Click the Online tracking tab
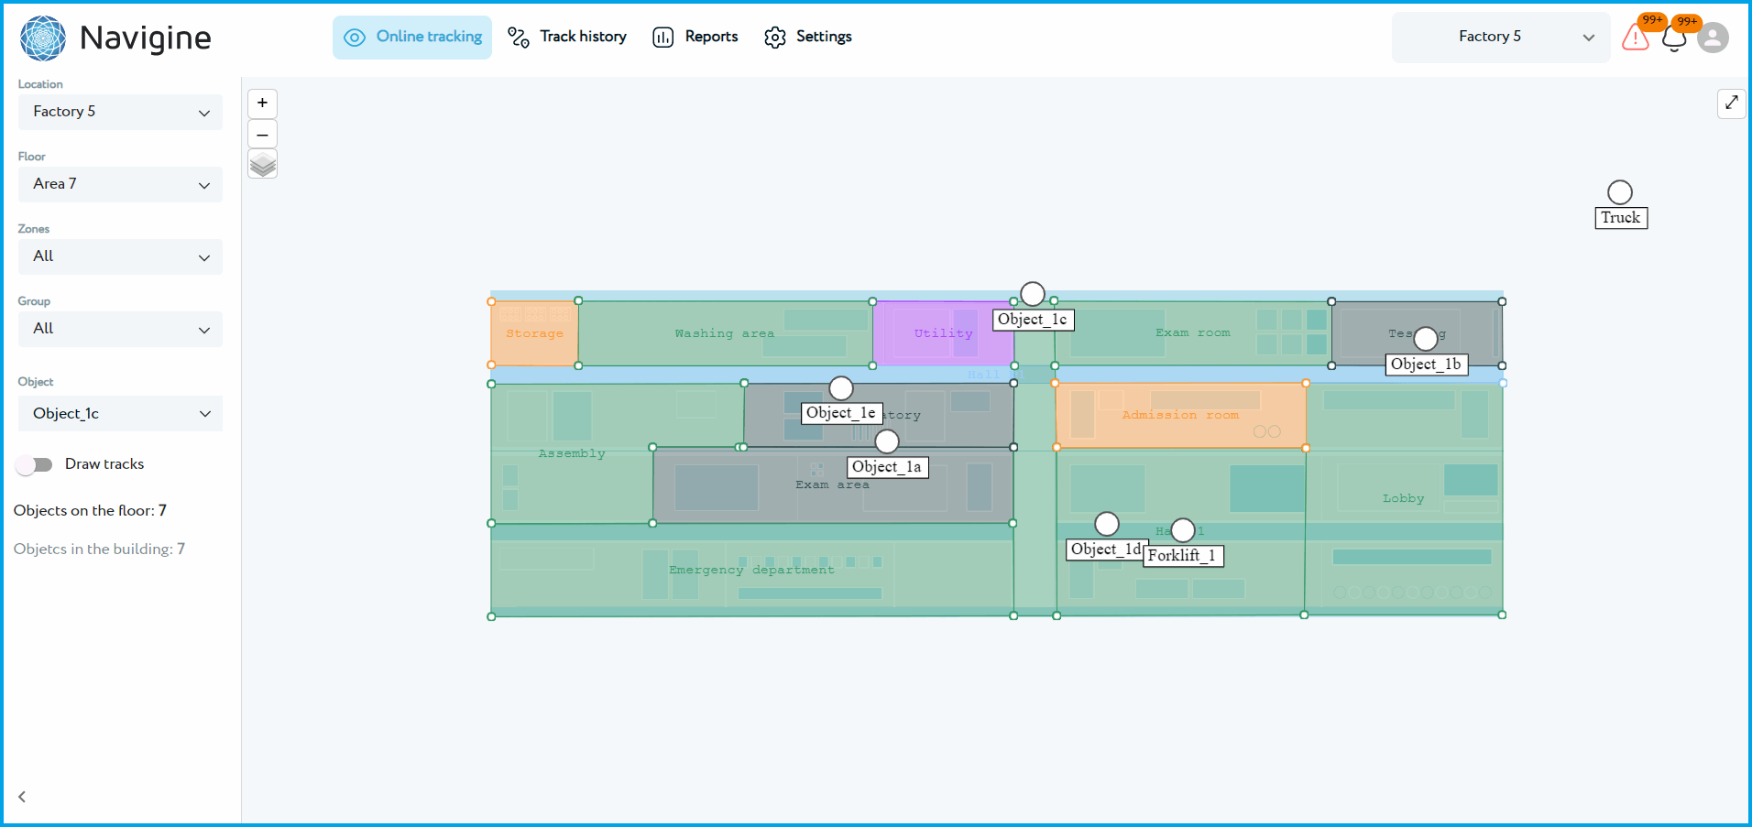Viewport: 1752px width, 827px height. [412, 37]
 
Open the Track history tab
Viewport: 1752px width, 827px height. [567, 37]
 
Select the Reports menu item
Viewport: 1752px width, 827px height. [695, 37]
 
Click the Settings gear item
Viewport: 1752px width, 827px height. [808, 37]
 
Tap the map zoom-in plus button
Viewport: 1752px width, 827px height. [262, 103]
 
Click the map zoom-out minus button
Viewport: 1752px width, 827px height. [262, 134]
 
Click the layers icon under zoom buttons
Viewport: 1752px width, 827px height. [262, 165]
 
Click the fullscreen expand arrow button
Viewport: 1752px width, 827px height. [1731, 103]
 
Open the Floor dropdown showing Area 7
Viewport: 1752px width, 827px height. [120, 184]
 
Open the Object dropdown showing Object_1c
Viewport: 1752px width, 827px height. [120, 414]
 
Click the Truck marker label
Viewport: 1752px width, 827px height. [1620, 218]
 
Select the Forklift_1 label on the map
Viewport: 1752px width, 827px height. [1182, 556]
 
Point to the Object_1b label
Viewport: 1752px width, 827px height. [1426, 365]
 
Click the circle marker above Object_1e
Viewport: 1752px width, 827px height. [841, 388]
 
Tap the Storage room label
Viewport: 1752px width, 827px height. [534, 333]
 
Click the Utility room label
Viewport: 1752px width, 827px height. [943, 333]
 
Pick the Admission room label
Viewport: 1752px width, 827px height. [1179, 415]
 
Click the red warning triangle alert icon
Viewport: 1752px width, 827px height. [1635, 38]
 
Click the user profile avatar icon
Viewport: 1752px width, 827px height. [1712, 38]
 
